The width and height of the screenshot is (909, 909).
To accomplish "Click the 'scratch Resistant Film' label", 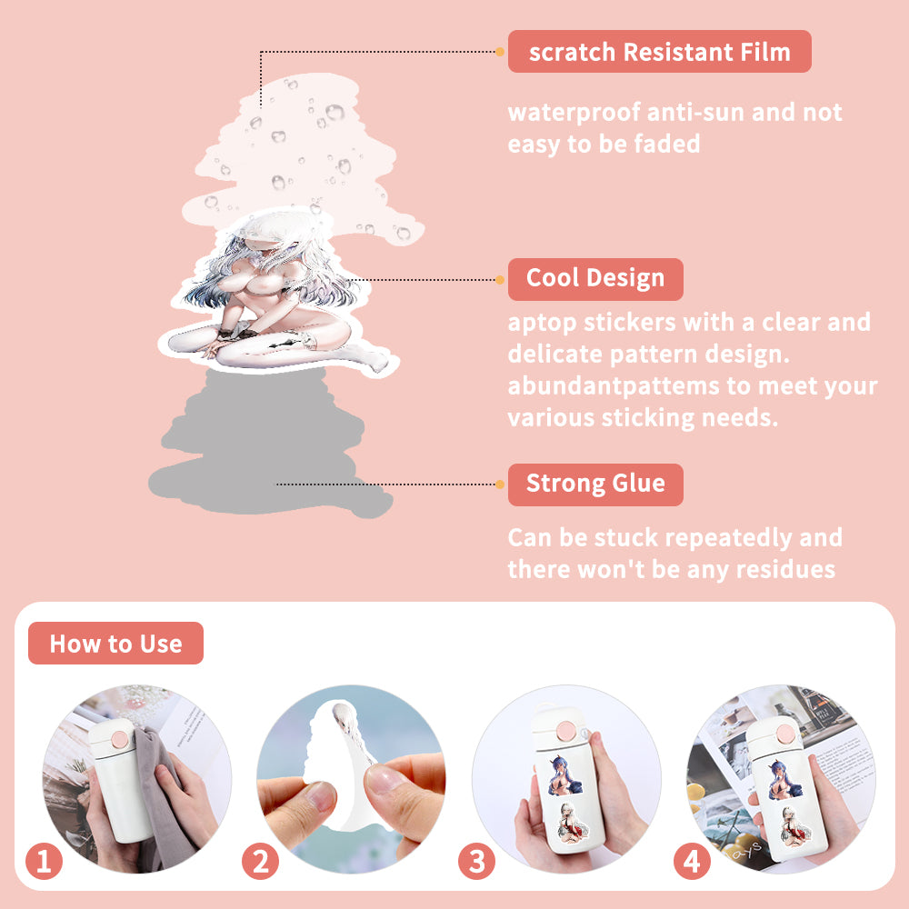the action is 659,52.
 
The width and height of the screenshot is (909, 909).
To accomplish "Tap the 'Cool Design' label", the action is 595,279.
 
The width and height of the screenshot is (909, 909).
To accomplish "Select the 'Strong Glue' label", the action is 595,484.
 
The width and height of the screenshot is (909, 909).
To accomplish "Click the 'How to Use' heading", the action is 116,643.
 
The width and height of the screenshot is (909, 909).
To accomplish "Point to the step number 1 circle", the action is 44,861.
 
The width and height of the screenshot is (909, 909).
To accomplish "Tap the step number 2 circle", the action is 260,861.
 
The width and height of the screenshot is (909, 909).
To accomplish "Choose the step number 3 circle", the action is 476,861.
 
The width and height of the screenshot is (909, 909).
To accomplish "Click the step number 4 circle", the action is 692,861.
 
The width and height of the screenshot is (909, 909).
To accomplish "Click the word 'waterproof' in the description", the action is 574,113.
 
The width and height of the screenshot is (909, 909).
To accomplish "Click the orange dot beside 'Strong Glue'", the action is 500,484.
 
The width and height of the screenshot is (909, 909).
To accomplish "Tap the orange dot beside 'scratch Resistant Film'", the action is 500,52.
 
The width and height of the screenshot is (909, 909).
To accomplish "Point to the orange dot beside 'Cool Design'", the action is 500,280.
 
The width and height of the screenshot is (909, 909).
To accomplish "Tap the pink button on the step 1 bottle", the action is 120,739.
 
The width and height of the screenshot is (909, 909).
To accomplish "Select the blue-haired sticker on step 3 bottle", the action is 564,775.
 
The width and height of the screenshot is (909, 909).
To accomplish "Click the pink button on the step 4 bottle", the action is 784,734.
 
